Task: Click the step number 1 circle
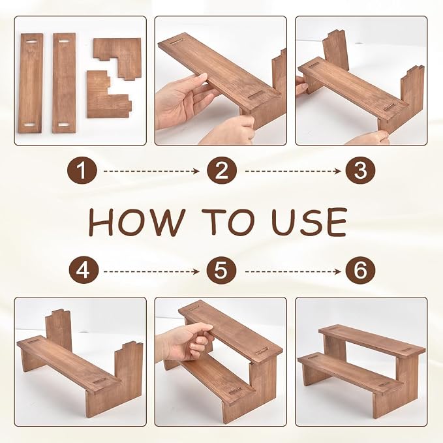click(82, 171)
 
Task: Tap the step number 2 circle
click(222, 171)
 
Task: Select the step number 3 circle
click(361, 171)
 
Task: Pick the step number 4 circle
click(84, 271)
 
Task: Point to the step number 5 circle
click(222, 271)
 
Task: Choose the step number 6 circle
click(361, 271)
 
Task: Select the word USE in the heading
click(309, 222)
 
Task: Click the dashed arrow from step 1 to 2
click(151, 171)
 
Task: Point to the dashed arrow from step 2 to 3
click(293, 171)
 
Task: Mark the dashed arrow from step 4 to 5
click(151, 272)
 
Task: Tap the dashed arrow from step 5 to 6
click(293, 272)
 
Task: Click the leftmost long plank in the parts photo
click(31, 84)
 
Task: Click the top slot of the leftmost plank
click(31, 42)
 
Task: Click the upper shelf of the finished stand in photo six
click(372, 340)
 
